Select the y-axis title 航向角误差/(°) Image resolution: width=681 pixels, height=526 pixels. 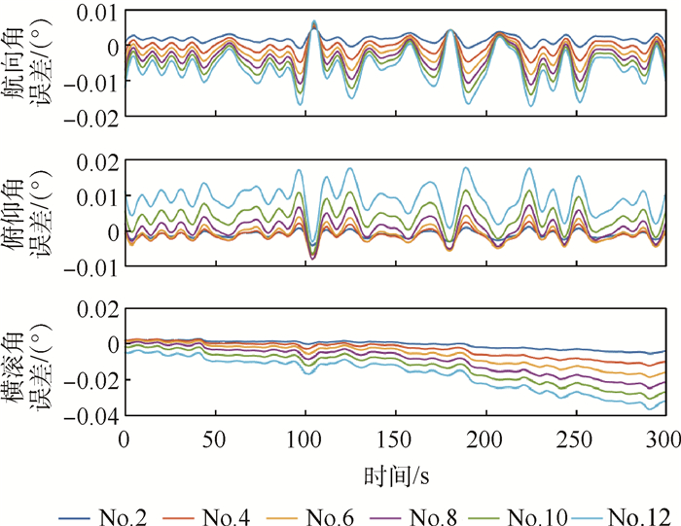pyautogui.click(x=29, y=63)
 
